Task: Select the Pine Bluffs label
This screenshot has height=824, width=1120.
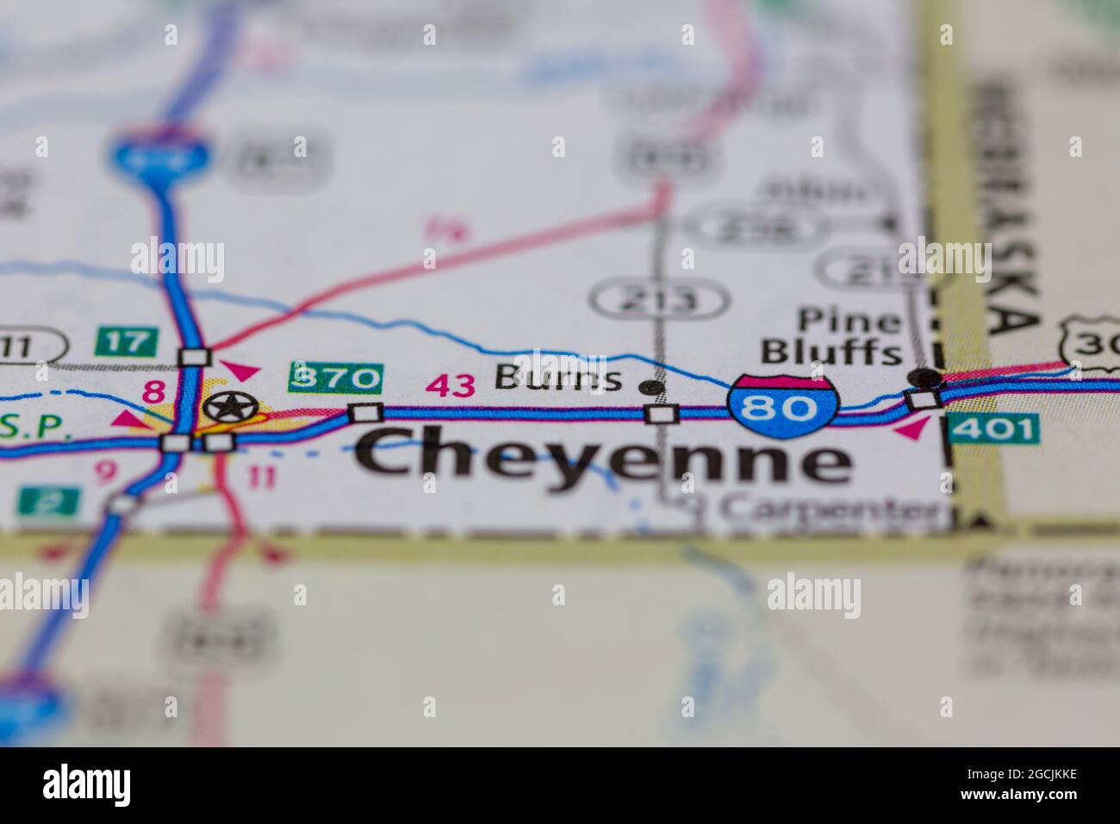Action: pyautogui.click(x=831, y=337)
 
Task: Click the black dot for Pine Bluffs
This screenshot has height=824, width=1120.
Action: pyautogui.click(x=925, y=377)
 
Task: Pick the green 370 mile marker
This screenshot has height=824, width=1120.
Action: pyautogui.click(x=335, y=378)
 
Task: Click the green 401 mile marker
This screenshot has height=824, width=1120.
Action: pyautogui.click(x=992, y=428)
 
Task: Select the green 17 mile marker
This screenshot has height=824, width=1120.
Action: pyautogui.click(x=128, y=340)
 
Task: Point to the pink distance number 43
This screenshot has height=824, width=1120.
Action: pyautogui.click(x=451, y=386)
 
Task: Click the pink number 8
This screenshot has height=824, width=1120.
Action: pyautogui.click(x=153, y=392)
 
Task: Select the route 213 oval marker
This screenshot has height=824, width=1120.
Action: pyautogui.click(x=660, y=300)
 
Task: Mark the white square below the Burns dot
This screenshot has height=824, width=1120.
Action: pyautogui.click(x=661, y=415)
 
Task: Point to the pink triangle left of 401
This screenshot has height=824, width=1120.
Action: pyautogui.click(x=912, y=428)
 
